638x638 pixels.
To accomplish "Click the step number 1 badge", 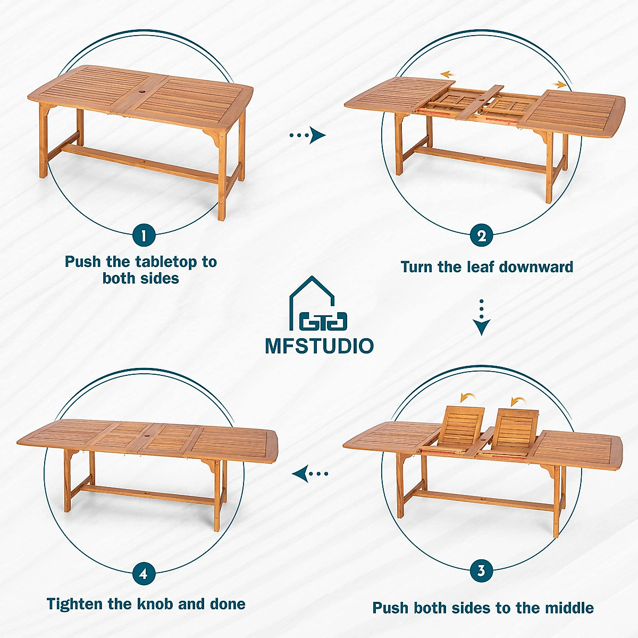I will tap(144, 234).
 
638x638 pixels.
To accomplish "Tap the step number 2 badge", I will tap(482, 236).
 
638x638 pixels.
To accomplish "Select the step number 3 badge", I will tap(482, 570).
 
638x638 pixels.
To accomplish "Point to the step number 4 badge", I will tap(144, 574).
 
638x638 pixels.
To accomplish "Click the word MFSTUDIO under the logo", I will tap(319, 346).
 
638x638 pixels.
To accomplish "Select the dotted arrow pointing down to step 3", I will tap(482, 317).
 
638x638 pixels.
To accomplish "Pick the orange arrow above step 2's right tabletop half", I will tap(559, 84).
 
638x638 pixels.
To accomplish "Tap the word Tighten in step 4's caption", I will tap(75, 604).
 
